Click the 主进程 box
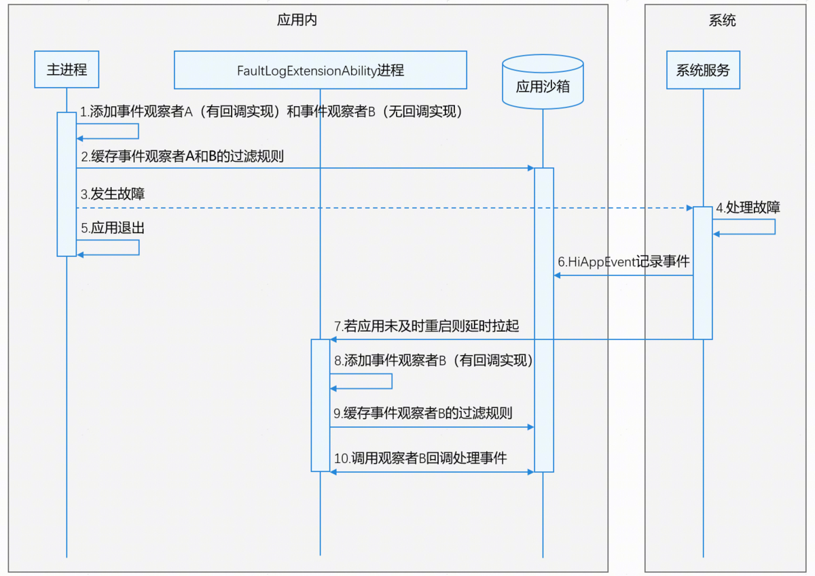67,69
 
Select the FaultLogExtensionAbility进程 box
320,70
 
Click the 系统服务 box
703,69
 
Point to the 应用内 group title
297,20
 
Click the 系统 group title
722,20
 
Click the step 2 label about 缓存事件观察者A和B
182,156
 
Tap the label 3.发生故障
113,195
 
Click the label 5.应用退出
113,228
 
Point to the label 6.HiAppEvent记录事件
623,262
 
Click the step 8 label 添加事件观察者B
433,361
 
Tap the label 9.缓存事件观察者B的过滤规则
422,413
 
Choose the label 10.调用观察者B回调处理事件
420,458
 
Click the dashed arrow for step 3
380,207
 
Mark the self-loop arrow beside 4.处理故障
774,227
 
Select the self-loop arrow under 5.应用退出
138,248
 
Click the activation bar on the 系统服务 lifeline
702,272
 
